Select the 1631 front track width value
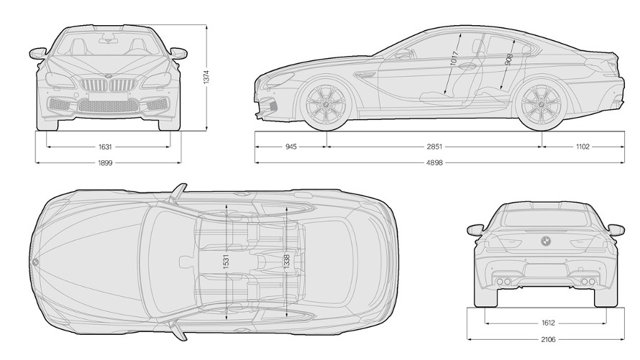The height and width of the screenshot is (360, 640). [104, 147]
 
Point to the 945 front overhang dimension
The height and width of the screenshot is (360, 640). [291, 147]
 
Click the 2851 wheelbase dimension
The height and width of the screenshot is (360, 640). [434, 147]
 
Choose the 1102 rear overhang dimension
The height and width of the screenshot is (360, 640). [582, 147]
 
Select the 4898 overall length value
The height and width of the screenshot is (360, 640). [434, 162]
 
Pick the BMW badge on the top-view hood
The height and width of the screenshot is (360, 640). [35, 260]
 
